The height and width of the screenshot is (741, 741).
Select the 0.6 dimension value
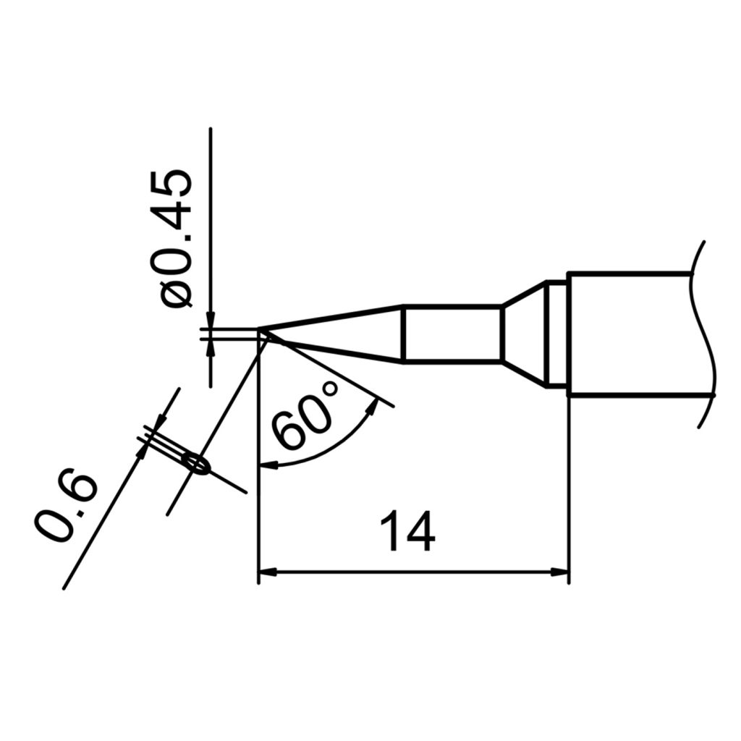(67, 507)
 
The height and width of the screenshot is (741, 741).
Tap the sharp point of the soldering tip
(261, 333)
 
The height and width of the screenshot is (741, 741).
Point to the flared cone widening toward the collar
(525, 334)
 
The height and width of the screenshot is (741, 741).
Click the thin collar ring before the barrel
(556, 334)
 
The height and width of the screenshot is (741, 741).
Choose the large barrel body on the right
(630, 334)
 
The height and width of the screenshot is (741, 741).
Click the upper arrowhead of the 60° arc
(373, 405)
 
